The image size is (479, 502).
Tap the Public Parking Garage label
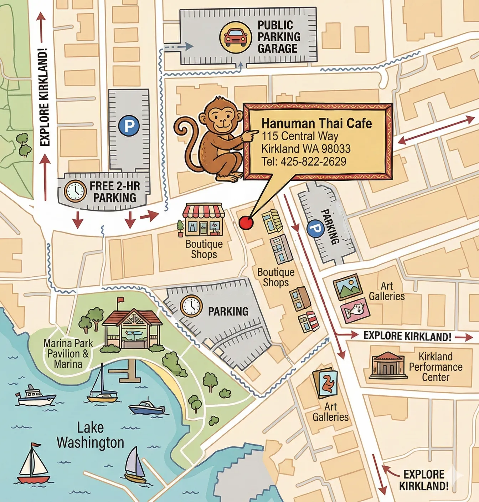click(x=279, y=37)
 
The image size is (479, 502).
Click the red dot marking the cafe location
click(x=246, y=223)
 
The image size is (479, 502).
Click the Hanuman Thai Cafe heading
click(x=316, y=123)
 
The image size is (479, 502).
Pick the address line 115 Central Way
click(x=300, y=136)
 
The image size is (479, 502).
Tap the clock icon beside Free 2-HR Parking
click(x=75, y=191)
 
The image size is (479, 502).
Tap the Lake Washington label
click(x=90, y=435)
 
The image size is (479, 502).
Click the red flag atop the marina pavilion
click(x=120, y=300)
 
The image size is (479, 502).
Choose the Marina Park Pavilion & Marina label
click(x=68, y=353)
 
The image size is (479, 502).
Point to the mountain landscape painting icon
click(x=348, y=287)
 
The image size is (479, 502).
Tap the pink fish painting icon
click(x=355, y=311)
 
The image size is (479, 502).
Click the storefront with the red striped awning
click(x=203, y=220)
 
